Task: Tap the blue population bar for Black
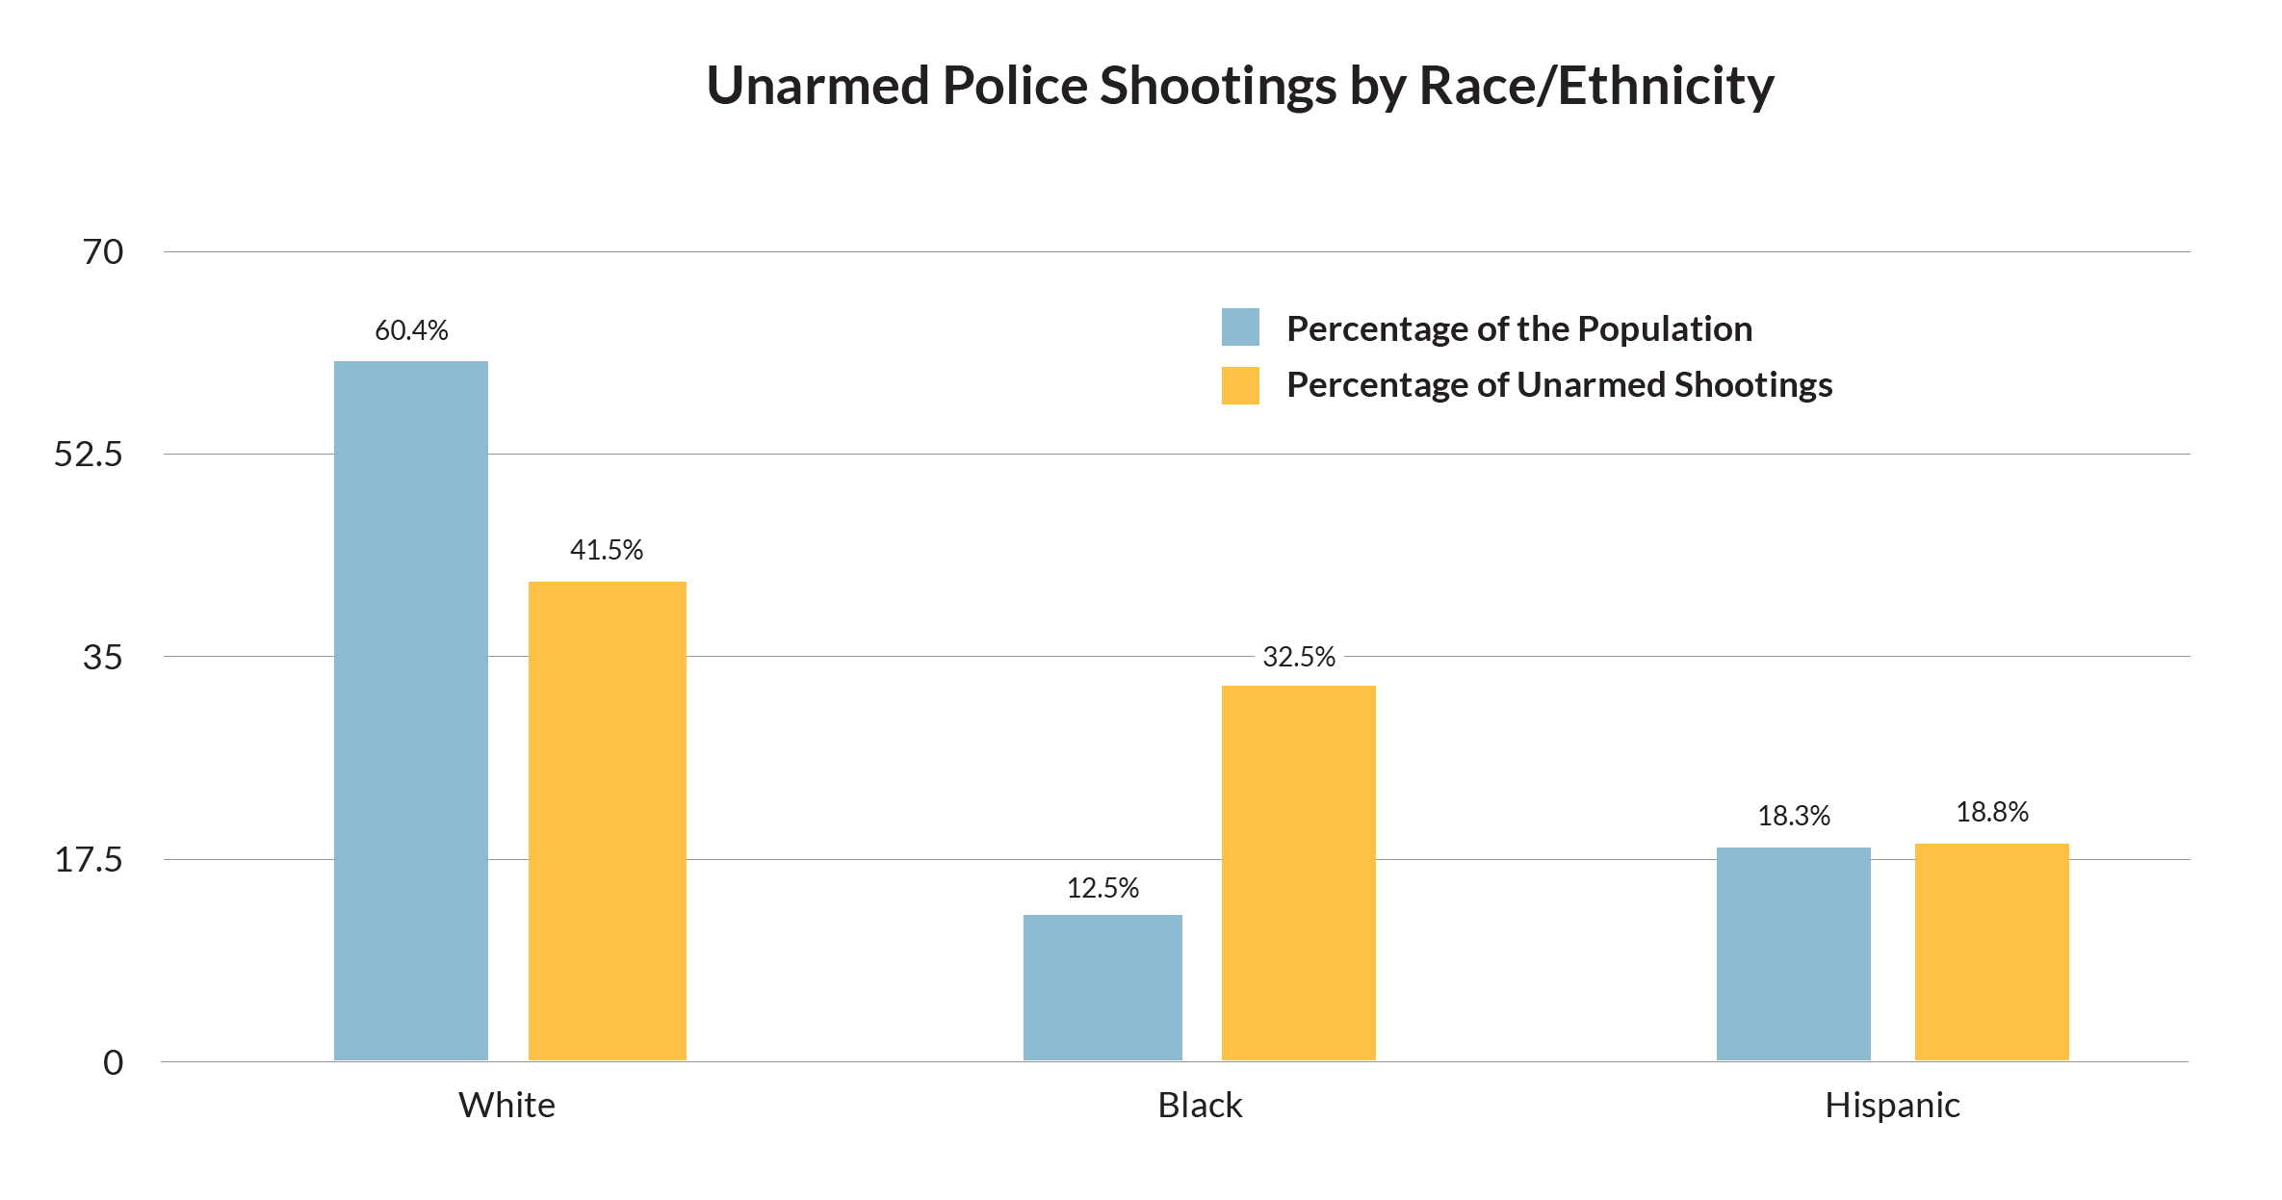coord(1102,987)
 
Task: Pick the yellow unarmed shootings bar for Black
coord(1299,873)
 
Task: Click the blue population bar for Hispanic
coord(1793,953)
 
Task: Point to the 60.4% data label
coord(411,330)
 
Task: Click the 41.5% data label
coord(607,550)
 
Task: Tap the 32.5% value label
coord(1299,657)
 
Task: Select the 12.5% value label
coord(1102,887)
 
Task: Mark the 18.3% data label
coord(1793,816)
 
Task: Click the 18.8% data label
coord(1991,812)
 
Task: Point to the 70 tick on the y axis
coord(103,252)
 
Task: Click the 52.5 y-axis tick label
coord(89,455)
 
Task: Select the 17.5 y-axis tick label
coord(89,860)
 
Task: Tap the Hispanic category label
coord(1892,1105)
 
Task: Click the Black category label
coord(1200,1105)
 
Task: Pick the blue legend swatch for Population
coord(1240,327)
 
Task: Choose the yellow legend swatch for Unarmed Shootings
coord(1240,385)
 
